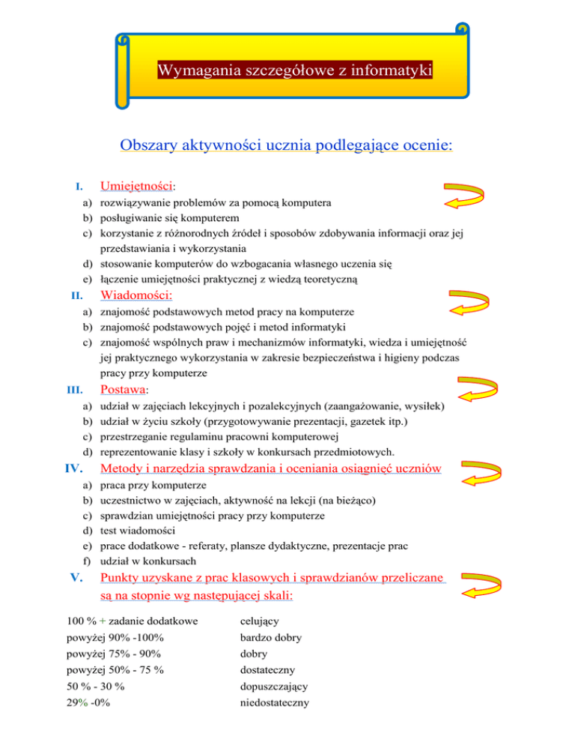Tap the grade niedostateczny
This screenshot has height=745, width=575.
[274, 703]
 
